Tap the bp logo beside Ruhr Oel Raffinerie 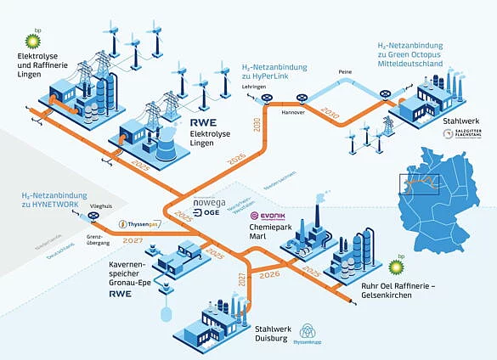(x=394, y=268)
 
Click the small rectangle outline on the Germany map (x=421, y=181)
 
